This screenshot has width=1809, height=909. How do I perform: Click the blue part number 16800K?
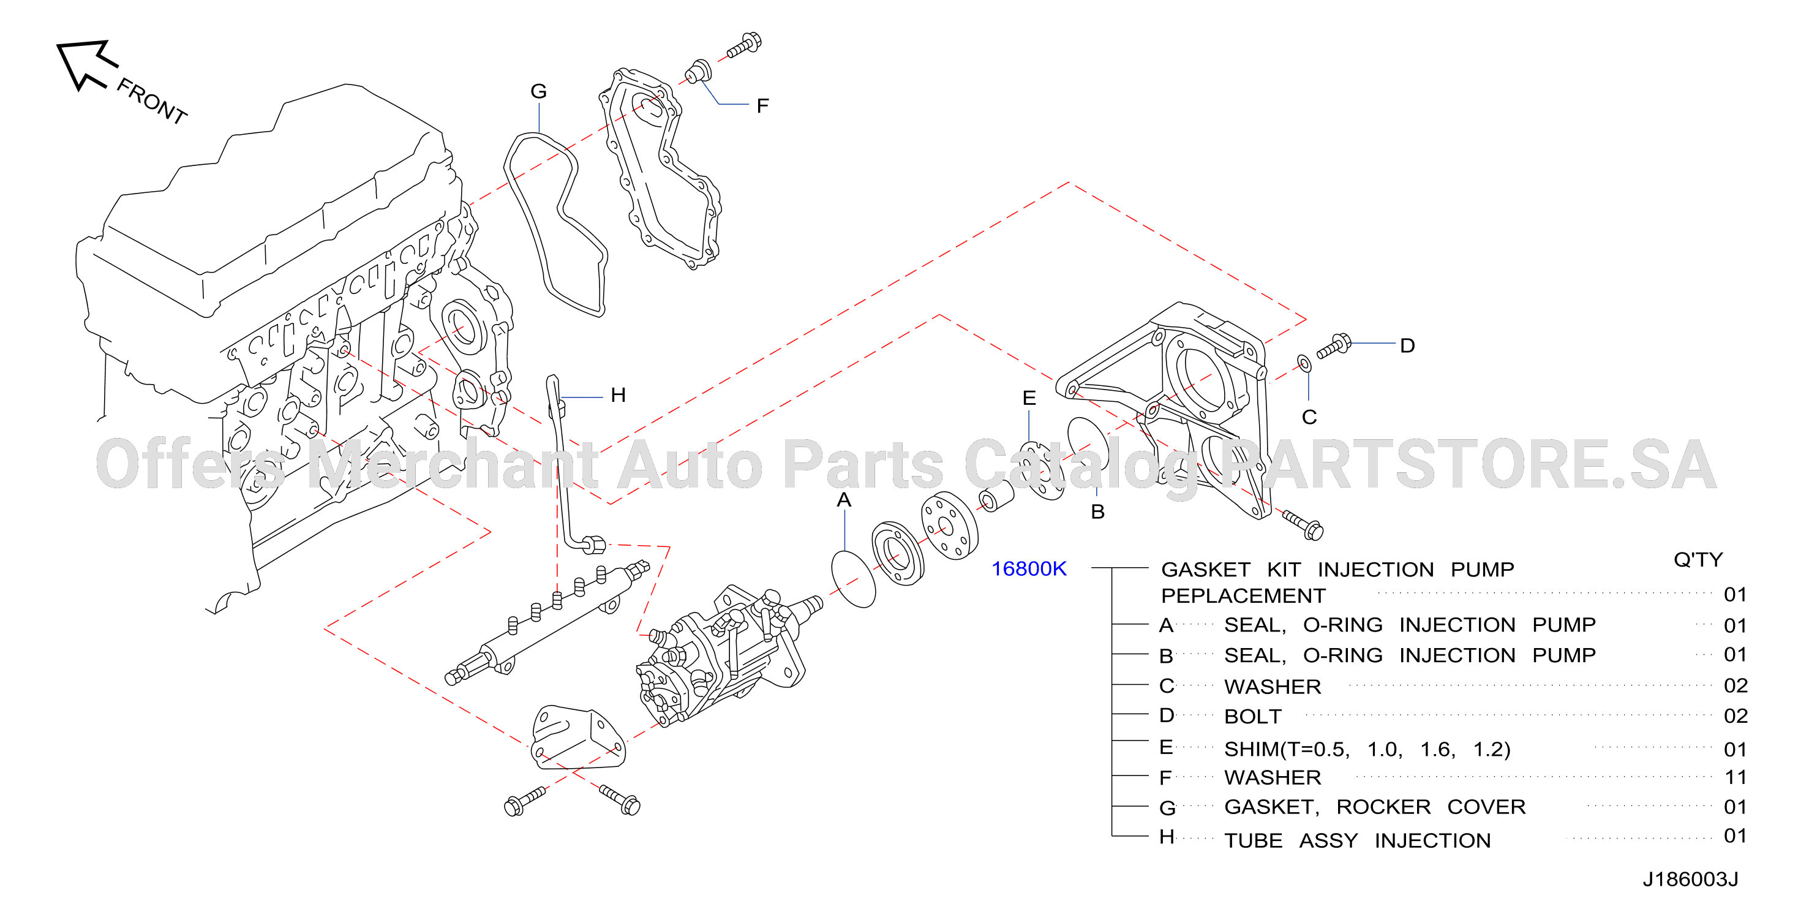click(1029, 568)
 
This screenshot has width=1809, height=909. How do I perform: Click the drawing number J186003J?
click(1690, 879)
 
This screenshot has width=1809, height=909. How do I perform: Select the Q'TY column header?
click(1698, 559)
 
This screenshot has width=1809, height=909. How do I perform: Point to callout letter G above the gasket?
click(539, 91)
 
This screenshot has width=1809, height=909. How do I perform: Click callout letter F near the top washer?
click(762, 106)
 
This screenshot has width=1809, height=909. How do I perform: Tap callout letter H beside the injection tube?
click(618, 395)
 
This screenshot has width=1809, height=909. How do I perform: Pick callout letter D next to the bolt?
click(1407, 345)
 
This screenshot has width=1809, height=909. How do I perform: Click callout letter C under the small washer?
click(1309, 417)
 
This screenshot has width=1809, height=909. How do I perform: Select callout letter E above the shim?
click(1029, 398)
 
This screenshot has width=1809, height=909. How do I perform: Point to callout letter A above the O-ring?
click(844, 500)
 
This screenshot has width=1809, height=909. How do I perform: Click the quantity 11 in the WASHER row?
click(1736, 777)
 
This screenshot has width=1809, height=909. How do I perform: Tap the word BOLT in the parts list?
click(1253, 717)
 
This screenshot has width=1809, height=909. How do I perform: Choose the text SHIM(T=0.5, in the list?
click(1287, 749)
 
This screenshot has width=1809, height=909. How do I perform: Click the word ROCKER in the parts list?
click(1383, 807)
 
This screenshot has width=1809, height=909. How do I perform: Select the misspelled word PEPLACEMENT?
click(1243, 596)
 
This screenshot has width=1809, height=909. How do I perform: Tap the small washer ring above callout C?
click(1304, 363)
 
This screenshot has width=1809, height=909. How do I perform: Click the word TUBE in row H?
click(1254, 840)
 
